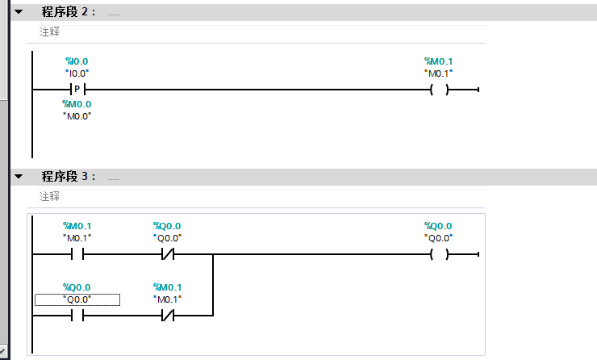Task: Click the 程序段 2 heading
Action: (x=69, y=13)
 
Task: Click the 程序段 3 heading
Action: (x=69, y=176)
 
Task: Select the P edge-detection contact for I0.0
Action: (x=77, y=90)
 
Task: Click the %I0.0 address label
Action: (x=77, y=61)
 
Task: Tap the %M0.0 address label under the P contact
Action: (x=77, y=104)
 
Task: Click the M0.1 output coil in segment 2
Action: (x=439, y=90)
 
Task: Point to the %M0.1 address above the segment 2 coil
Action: (x=439, y=61)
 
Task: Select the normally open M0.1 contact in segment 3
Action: (x=77, y=255)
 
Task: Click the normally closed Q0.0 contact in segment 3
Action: (x=168, y=255)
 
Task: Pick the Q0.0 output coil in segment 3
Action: (x=439, y=255)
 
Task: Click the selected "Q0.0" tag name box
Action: (x=77, y=299)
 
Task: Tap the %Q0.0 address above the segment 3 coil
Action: (x=439, y=226)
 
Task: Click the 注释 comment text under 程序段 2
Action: (x=49, y=32)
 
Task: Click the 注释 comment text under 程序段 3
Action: (x=49, y=196)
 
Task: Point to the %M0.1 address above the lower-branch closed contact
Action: (x=168, y=287)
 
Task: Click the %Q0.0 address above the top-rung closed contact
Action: (x=168, y=226)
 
